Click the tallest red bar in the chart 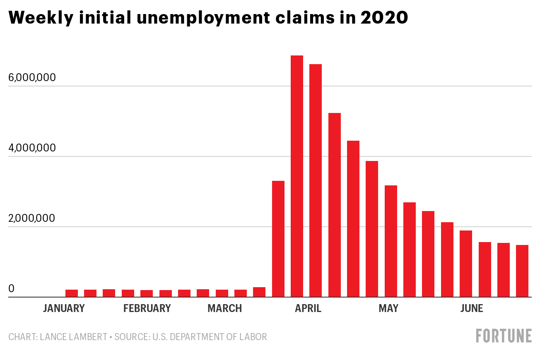click(297, 176)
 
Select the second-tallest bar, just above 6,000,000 click(316, 180)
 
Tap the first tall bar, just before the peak click(278, 239)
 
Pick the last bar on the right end click(522, 271)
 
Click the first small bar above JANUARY click(72, 293)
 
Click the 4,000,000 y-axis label click(32, 148)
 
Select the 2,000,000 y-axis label click(32, 218)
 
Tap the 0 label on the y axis click(12, 289)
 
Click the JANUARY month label click(64, 309)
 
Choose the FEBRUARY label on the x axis click(147, 309)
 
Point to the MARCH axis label click(224, 309)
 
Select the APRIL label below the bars click(308, 309)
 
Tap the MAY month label click(388, 309)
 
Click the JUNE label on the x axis click(472, 309)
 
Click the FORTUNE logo click(504, 336)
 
